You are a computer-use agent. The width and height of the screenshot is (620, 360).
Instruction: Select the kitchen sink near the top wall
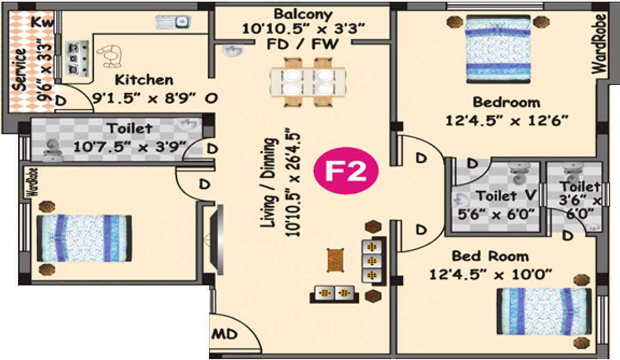173,22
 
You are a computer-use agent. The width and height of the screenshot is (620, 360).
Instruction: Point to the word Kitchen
144,79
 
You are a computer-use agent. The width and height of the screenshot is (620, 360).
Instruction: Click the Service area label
19,69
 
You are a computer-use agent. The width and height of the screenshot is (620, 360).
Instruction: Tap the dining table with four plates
308,82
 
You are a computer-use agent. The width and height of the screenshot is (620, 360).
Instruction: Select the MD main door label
225,335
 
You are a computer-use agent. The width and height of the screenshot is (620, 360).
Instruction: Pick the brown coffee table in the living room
334,260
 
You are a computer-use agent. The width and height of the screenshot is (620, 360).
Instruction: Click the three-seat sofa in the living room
374,261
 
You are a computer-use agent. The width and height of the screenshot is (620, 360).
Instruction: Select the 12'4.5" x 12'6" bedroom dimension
507,120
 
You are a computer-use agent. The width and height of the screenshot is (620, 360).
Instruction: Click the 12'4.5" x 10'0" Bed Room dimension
490,273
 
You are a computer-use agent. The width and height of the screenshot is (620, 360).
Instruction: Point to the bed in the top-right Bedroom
498,49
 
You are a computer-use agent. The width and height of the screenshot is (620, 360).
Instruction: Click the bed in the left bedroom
84,238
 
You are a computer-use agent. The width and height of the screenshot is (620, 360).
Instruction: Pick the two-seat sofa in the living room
334,294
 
